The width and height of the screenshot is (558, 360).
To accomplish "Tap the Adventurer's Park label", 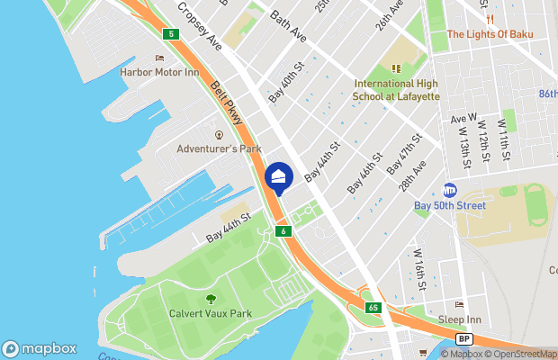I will [219, 148].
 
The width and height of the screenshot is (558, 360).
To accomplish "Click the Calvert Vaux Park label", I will [211, 313].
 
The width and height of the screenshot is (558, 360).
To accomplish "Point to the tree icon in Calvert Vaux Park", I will [211, 299].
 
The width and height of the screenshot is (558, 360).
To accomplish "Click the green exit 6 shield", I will [283, 231].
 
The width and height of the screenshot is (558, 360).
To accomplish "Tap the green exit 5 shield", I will [170, 34].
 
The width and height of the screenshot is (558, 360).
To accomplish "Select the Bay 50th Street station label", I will [450, 205].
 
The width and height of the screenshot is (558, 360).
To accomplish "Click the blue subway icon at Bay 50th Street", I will [450, 191].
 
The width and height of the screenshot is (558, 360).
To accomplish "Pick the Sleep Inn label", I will [460, 319].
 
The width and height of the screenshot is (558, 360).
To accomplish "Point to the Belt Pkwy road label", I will [228, 104].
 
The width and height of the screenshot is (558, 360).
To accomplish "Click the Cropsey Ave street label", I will [200, 25].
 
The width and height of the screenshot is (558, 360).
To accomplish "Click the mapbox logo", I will [39, 348].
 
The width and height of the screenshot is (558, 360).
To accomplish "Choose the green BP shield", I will [463, 339].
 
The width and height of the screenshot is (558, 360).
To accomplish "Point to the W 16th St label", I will [420, 271].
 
